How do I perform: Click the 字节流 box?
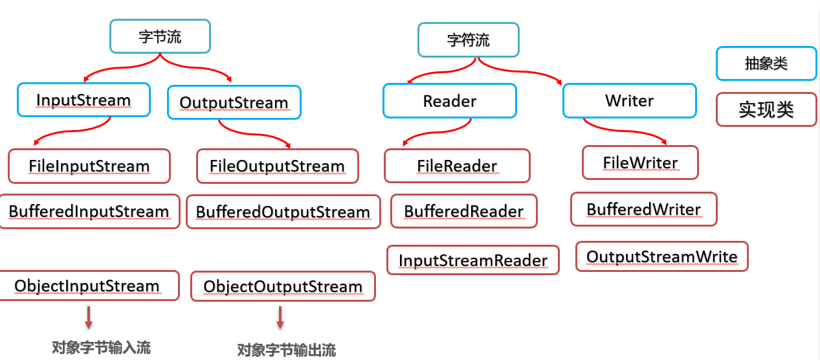coord(160,37)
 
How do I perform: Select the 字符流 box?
coord(468,40)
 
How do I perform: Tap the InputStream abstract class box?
coord(83,100)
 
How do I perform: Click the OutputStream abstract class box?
coord(234,102)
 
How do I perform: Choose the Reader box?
coord(449,101)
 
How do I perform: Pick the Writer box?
coord(629,101)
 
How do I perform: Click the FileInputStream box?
coord(89,166)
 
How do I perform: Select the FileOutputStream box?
coord(277,166)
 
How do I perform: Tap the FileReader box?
coord(457,166)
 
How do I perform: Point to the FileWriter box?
coord(640,163)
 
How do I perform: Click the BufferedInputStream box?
coord(89,212)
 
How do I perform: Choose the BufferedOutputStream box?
coord(283,212)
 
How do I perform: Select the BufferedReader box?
coord(463,212)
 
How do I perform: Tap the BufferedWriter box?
coord(643,209)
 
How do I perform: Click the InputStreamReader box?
coord(473,260)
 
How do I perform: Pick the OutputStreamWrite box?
coord(661,256)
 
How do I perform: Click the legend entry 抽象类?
coord(766,63)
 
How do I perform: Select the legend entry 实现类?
coord(766,110)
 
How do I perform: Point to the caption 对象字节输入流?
coord(101,348)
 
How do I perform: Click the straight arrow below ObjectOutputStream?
coord(280,318)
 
